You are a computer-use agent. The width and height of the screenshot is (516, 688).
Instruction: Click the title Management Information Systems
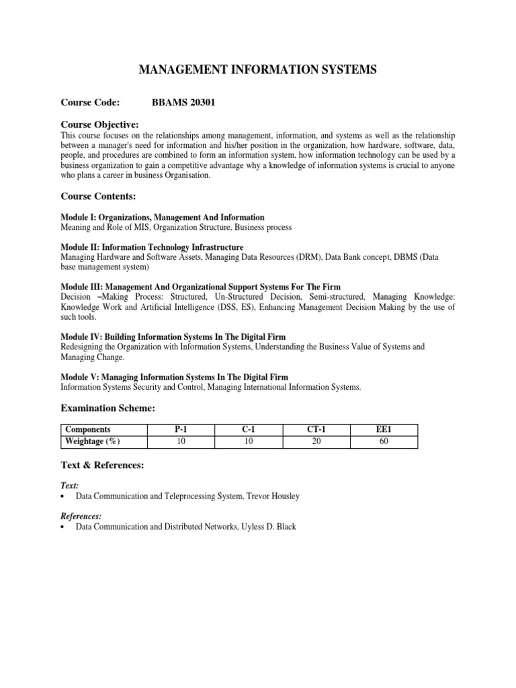(257, 69)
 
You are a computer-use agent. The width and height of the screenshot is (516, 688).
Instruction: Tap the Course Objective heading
(100, 124)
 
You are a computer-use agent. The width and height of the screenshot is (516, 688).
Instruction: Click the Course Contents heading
(98, 196)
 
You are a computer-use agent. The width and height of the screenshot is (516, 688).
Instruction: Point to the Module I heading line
(163, 218)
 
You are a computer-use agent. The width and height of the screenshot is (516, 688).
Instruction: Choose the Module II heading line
(152, 247)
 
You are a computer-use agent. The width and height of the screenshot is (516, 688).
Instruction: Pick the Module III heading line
(201, 288)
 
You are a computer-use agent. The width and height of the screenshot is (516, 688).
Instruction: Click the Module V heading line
(175, 377)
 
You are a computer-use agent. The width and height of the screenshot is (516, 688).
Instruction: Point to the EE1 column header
(384, 429)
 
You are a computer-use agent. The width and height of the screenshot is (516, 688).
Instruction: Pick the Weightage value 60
(384, 441)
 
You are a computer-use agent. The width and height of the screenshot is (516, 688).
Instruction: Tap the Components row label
(88, 429)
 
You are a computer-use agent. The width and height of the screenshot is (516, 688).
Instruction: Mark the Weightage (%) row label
(93, 441)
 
